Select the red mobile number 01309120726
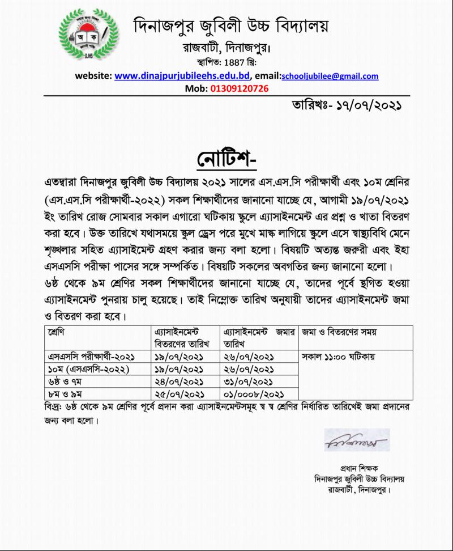pos(240,88)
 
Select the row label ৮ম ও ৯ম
pos(61,393)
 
